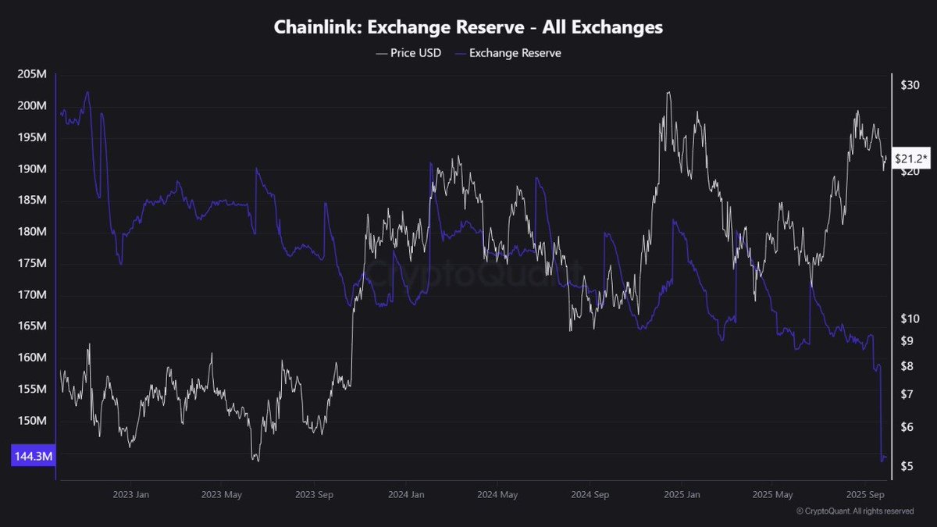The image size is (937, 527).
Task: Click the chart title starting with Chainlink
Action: [x=468, y=27]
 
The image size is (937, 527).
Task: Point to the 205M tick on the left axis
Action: [x=31, y=74]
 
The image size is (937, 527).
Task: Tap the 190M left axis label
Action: [x=31, y=169]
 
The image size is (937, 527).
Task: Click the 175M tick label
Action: [x=31, y=264]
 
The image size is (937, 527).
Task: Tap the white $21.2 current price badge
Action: [x=911, y=159]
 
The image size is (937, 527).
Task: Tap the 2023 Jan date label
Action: [x=131, y=494]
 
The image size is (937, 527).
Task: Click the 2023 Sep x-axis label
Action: [x=315, y=494]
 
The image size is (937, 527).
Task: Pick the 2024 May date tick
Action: [x=497, y=494]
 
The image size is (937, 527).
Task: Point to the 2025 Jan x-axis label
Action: [x=680, y=494]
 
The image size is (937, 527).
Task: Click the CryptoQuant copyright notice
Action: [x=855, y=511]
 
